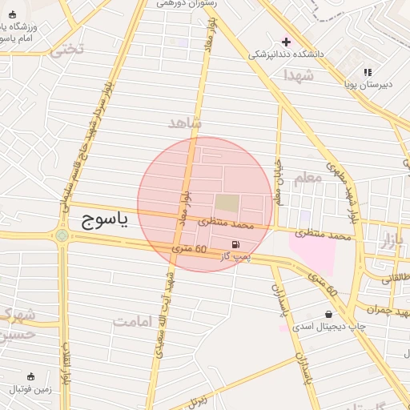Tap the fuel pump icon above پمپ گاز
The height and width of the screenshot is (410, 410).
click(235, 244)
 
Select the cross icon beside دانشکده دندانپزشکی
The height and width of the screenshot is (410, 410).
click(286, 42)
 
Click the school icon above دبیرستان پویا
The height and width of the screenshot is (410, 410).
click(368, 72)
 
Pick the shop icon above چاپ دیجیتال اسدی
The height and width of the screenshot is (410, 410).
click(329, 314)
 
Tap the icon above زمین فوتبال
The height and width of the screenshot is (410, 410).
click(31, 376)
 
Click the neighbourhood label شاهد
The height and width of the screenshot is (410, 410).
click(186, 123)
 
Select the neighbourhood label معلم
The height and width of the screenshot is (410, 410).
click(307, 178)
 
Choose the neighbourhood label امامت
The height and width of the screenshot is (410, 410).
click(132, 322)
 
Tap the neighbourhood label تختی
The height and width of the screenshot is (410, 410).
click(66, 50)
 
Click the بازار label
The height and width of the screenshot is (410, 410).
click(388, 242)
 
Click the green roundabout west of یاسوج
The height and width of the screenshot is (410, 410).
click(62, 235)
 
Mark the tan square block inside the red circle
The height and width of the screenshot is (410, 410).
click(227, 204)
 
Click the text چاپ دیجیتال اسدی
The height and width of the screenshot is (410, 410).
click(328, 327)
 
